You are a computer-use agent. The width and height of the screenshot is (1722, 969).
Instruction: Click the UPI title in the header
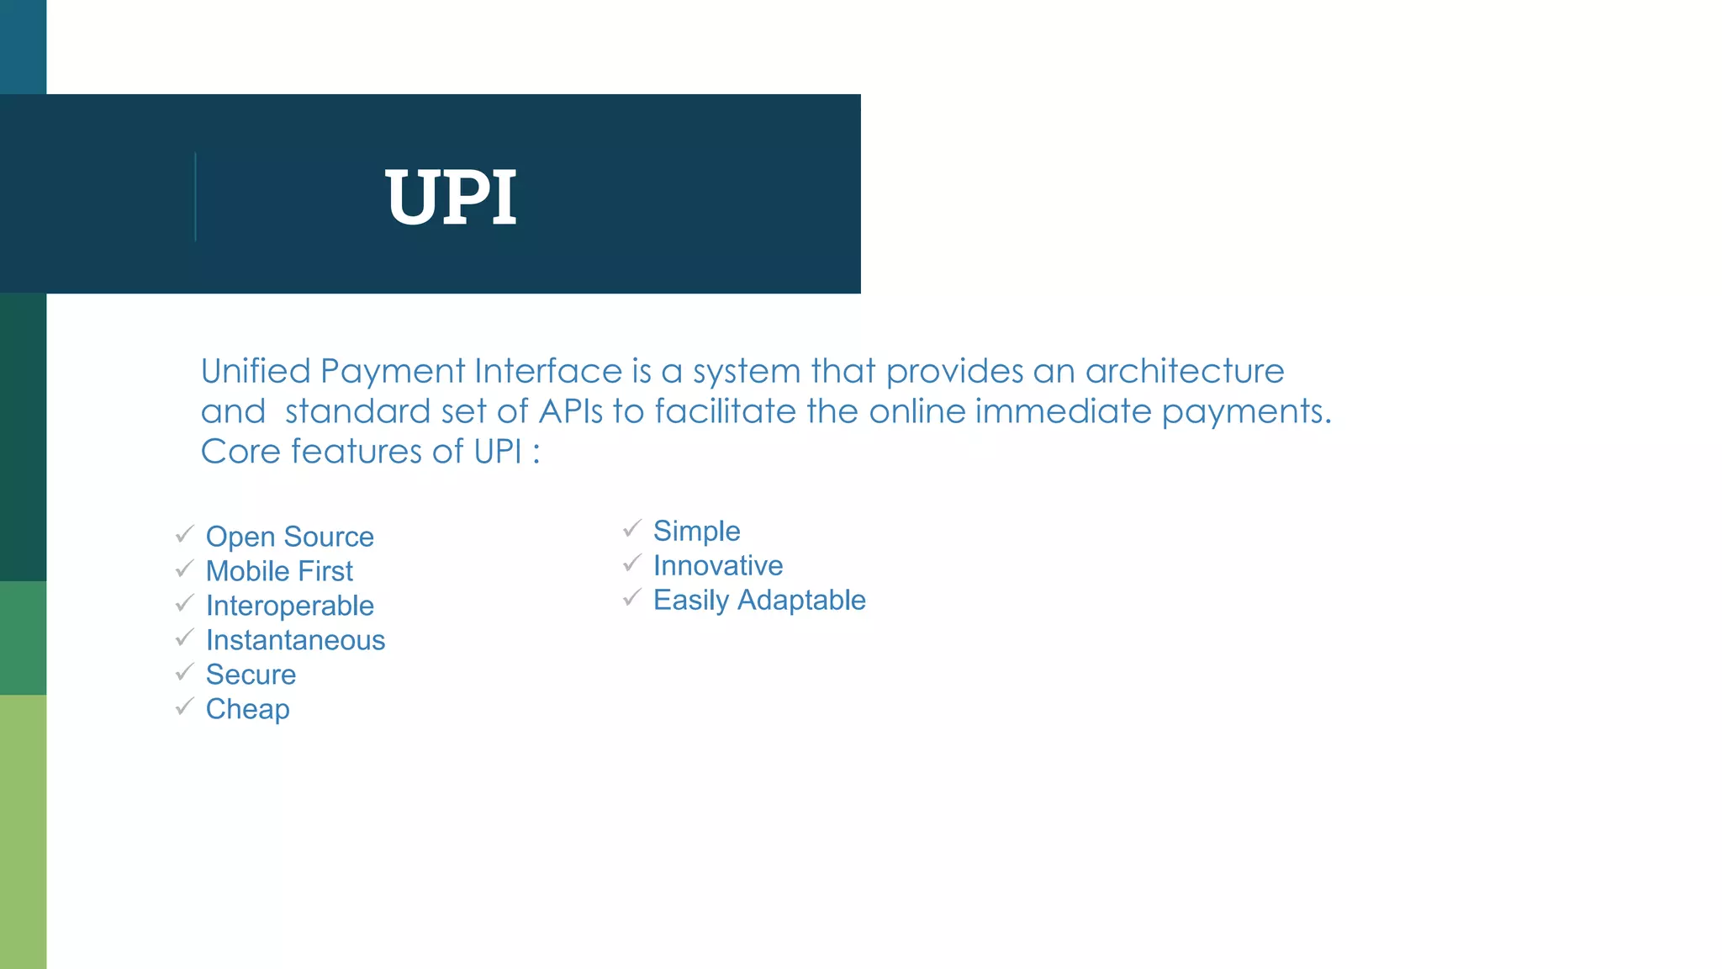(x=451, y=198)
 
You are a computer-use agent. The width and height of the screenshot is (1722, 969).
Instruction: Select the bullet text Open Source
(x=289, y=537)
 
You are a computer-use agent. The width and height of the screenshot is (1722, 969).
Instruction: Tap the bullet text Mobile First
(x=279, y=571)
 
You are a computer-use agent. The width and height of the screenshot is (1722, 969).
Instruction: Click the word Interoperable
(x=289, y=606)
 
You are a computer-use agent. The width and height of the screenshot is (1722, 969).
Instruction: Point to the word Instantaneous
(x=295, y=640)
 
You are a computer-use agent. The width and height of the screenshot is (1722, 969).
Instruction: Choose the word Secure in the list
(x=251, y=675)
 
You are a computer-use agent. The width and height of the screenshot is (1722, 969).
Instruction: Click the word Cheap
(x=247, y=709)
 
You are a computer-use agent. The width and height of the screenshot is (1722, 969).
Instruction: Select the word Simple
(x=696, y=531)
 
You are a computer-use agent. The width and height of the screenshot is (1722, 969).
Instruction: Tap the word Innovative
(x=717, y=565)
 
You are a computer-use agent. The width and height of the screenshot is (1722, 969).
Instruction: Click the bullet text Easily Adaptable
(x=758, y=600)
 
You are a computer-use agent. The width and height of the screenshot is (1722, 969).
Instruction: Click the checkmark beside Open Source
(x=185, y=534)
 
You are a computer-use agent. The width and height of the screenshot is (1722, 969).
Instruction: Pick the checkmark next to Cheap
(x=185, y=707)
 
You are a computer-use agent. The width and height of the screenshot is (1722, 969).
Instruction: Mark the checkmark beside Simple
(x=632, y=528)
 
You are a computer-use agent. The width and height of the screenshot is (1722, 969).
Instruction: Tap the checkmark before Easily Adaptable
(x=632, y=597)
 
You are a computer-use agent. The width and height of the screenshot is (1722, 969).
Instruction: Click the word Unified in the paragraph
(x=256, y=371)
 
